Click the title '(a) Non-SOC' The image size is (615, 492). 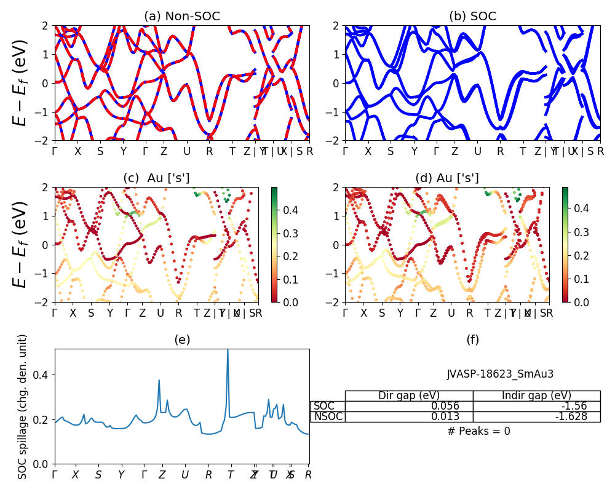[181, 16]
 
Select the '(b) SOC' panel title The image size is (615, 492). [472, 16]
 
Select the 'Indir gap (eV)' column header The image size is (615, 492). [536, 395]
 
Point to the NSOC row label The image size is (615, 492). [328, 417]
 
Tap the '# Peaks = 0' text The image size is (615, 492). [478, 431]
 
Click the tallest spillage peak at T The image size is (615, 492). [228, 351]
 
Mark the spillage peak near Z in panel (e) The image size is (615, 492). [159, 381]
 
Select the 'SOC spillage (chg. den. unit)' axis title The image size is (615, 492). [23, 407]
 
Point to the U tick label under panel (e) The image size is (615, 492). [184, 475]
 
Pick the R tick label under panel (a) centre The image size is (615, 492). [209, 151]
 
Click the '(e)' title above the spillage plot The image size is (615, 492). [181, 339]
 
